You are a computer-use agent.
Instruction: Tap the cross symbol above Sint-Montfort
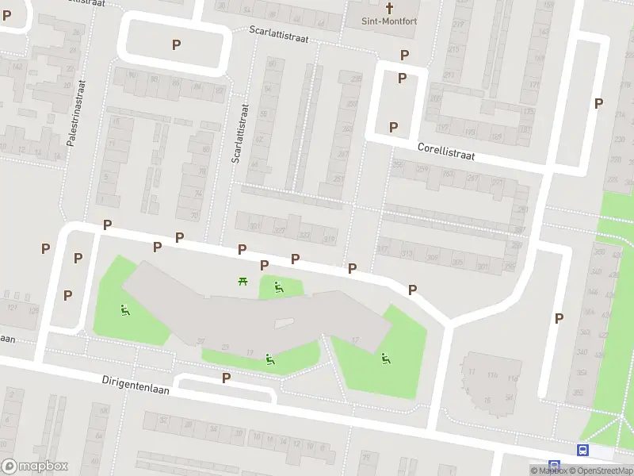[x=389, y=8]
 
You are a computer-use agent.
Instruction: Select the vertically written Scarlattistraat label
[x=236, y=133]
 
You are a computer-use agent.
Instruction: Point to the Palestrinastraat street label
[x=76, y=115]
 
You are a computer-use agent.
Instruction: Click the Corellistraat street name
[x=446, y=152]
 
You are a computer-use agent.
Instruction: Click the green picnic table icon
[x=243, y=280]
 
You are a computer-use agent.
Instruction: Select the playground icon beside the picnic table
[x=278, y=286]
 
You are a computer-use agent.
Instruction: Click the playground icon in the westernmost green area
[x=125, y=310]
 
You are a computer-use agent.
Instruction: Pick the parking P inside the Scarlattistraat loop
[x=176, y=45]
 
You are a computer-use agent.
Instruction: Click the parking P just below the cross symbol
[x=404, y=55]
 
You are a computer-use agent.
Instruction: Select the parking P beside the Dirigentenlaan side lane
[x=227, y=378]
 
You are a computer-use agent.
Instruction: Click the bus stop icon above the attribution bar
[x=583, y=450]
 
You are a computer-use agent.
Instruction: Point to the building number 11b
[x=492, y=374]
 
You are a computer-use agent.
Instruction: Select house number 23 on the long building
[x=226, y=347]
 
